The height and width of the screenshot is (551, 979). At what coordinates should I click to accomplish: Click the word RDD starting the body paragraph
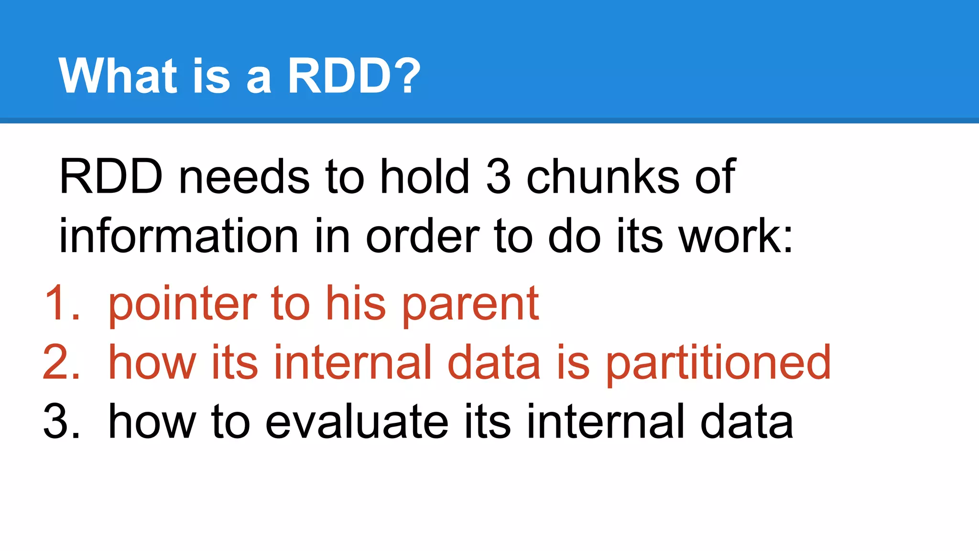(x=111, y=177)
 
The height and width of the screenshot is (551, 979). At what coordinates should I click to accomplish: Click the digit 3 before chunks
(x=498, y=177)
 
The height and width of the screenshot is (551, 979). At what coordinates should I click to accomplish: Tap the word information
(x=178, y=236)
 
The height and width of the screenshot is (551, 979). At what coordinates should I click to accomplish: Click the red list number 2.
(x=60, y=363)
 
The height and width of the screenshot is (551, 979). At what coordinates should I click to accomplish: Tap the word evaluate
(x=356, y=422)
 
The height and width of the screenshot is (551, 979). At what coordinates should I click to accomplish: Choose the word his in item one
(x=356, y=303)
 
